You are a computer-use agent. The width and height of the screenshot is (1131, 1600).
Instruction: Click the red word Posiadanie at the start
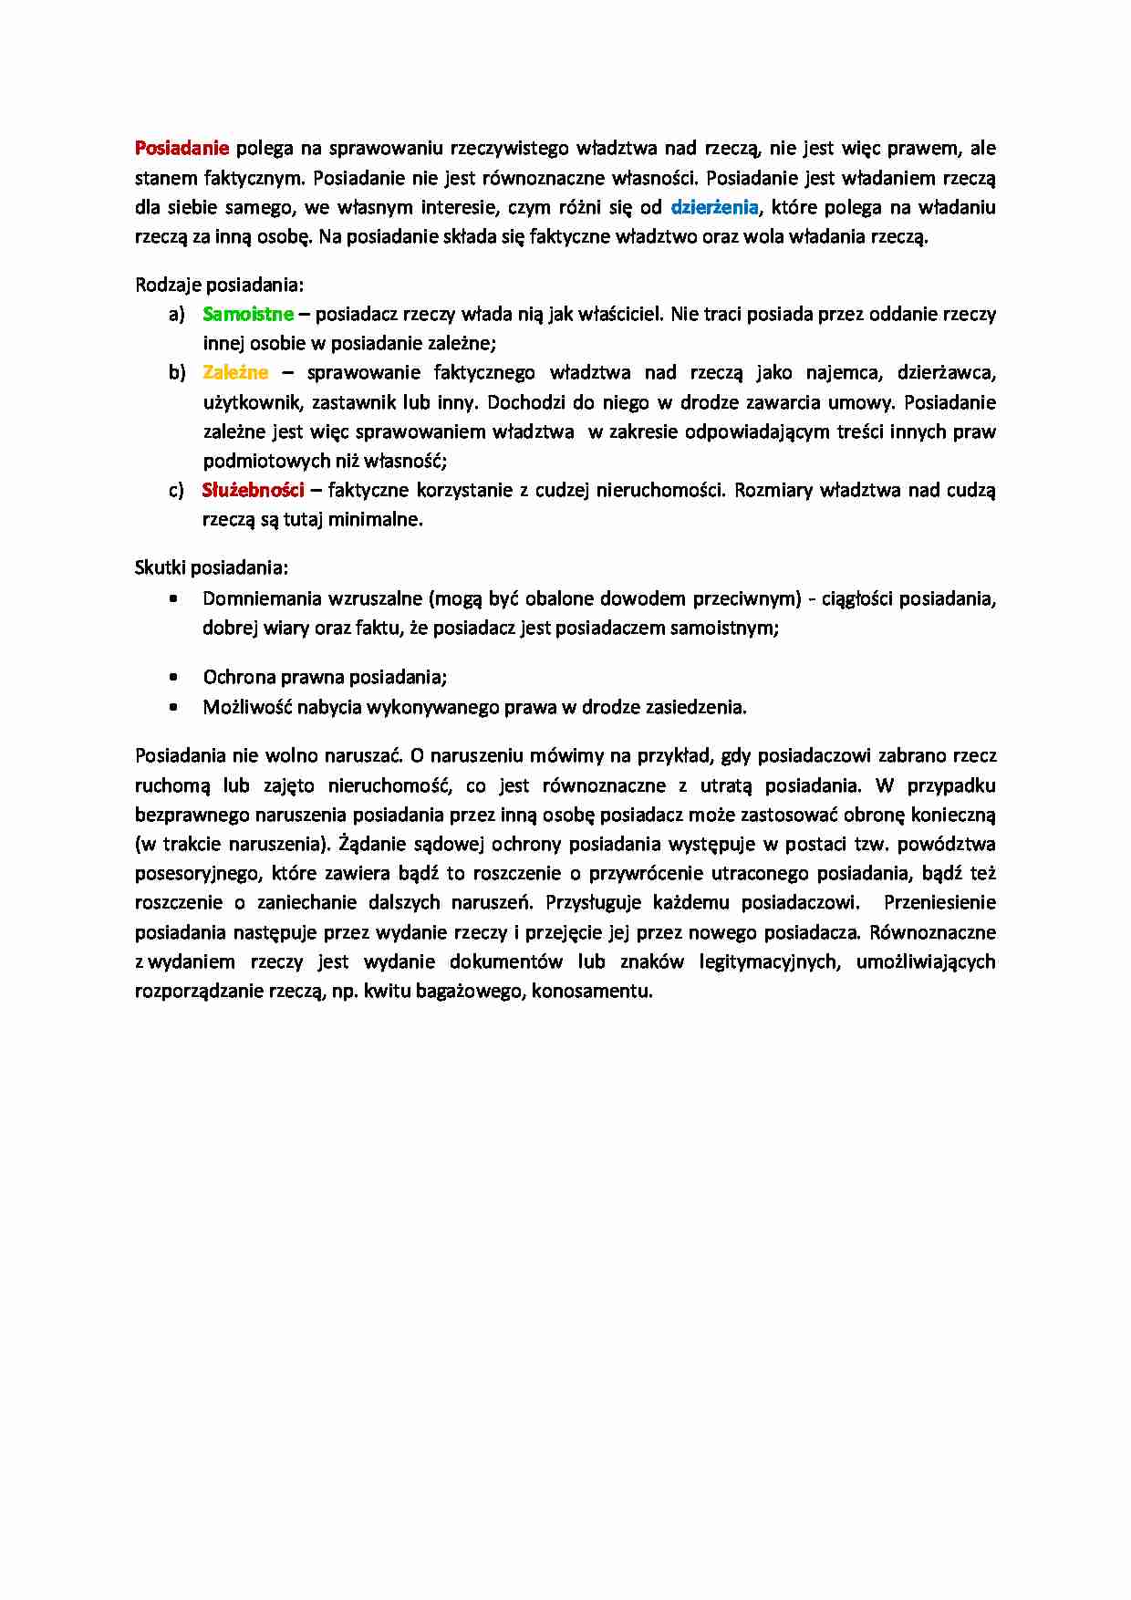click(182, 148)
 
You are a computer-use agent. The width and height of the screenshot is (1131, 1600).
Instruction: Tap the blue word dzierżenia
click(714, 207)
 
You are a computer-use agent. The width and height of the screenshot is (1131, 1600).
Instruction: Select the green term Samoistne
click(248, 314)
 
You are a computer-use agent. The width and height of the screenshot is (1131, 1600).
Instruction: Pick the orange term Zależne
click(235, 372)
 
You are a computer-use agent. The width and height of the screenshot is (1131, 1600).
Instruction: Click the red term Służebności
click(253, 490)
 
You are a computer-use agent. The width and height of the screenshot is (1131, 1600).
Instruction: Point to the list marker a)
click(176, 314)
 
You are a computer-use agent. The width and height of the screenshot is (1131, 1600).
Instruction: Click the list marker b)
click(176, 372)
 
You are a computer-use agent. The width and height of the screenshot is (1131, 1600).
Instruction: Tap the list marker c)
click(176, 490)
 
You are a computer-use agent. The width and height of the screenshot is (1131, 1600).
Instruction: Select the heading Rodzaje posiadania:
click(219, 285)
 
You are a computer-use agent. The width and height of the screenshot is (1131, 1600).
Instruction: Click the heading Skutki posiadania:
click(212, 567)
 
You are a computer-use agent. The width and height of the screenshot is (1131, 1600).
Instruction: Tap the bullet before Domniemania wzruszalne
click(173, 599)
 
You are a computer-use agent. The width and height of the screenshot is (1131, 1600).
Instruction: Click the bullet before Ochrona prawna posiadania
click(173, 677)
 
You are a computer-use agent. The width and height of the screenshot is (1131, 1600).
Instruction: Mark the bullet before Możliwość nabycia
click(173, 707)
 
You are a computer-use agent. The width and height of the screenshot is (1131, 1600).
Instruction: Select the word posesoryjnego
click(197, 874)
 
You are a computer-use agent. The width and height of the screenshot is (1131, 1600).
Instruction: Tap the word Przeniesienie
click(939, 903)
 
